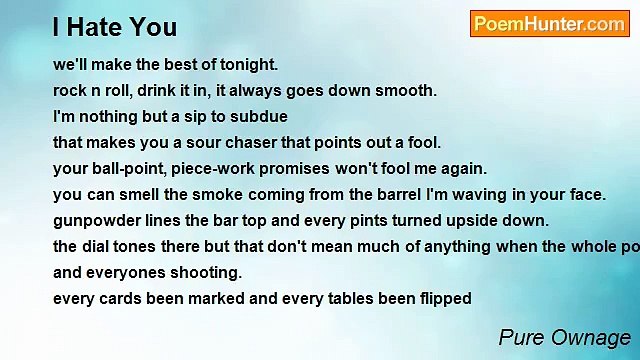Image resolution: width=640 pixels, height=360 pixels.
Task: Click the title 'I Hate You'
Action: coord(114,27)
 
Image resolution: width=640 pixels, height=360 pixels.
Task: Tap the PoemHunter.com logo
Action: coord(549,24)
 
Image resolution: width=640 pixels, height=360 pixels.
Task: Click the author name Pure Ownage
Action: coord(564,337)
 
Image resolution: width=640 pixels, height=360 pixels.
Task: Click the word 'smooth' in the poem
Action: coord(408,90)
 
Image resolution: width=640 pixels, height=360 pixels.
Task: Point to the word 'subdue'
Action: coord(234,116)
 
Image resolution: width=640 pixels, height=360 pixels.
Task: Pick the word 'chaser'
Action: coord(258,142)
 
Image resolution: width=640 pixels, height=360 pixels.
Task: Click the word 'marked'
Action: coord(209,298)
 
